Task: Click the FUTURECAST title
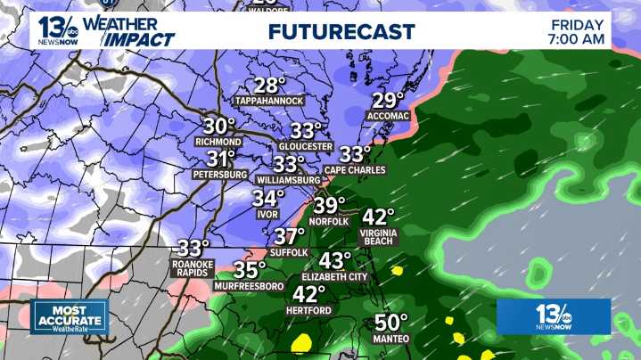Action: pos(341,32)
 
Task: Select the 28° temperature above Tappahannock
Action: pos(269,86)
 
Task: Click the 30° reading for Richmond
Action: pos(218,126)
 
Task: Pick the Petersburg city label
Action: pos(218,175)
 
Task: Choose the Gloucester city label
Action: pos(306,146)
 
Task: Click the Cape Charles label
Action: pos(355,169)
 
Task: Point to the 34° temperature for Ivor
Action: pos(268,198)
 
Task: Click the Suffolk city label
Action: pos(289,252)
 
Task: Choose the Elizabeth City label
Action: pos(335,277)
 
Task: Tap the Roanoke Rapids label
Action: pos(193,268)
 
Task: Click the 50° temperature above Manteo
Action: pos(391,323)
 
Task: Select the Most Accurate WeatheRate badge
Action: pos(70,316)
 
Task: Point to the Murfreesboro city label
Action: pos(250,286)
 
